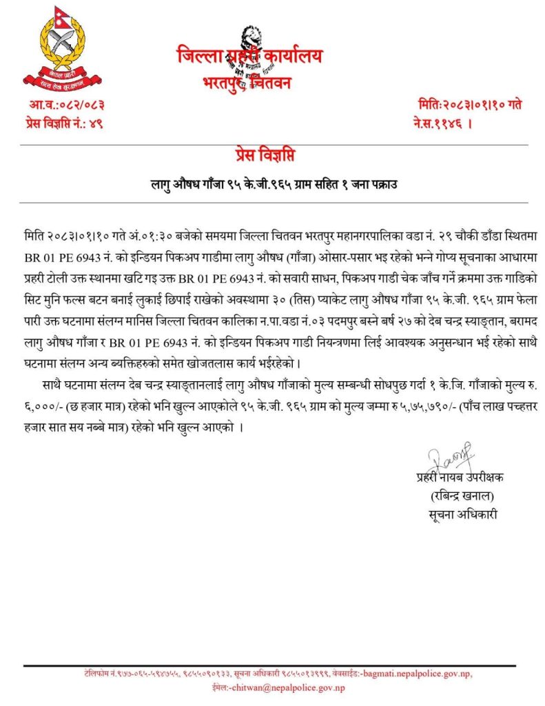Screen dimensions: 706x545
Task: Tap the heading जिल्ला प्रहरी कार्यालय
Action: click(x=249, y=57)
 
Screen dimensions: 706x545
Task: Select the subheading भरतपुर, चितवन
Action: click(x=247, y=83)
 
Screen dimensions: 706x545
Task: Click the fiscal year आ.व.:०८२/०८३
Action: click(x=67, y=105)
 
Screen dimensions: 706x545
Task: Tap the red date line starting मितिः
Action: click(x=469, y=105)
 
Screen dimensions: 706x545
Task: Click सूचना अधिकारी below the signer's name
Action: click(x=460, y=513)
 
